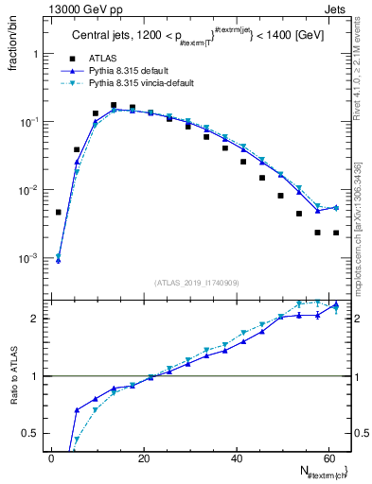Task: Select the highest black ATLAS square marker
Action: (x=114, y=106)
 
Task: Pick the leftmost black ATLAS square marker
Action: (x=59, y=213)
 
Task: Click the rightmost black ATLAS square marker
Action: (x=336, y=233)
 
